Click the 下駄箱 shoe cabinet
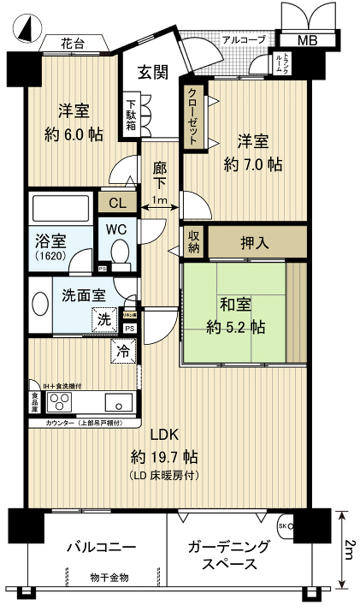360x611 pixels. [x=133, y=111]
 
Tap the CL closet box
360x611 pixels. [x=112, y=203]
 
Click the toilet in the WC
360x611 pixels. [x=120, y=252]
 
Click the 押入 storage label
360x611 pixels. [x=256, y=242]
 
